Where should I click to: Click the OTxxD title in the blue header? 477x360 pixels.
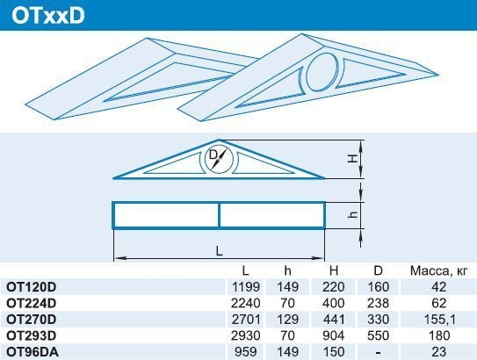point(48,16)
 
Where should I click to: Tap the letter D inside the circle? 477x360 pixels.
point(213,155)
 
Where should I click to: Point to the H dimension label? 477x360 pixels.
point(353,159)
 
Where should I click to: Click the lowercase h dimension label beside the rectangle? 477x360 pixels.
point(353,214)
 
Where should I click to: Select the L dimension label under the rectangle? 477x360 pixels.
point(219,251)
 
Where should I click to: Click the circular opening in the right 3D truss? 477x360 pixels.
point(322,72)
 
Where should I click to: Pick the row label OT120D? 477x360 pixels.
point(32,287)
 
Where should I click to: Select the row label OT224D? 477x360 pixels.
point(32,303)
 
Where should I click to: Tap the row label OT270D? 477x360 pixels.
point(32,320)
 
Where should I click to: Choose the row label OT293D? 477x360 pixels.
point(32,335)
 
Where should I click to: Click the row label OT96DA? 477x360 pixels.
point(33,352)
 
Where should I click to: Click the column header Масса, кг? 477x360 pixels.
point(438,270)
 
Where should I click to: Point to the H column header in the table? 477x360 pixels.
point(334,270)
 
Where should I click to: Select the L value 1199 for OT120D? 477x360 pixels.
point(245,287)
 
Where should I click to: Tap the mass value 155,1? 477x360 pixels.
point(439,320)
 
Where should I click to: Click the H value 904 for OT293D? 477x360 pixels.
point(334,335)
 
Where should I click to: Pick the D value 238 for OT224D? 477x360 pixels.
point(378,303)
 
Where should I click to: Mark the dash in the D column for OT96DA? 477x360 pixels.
point(378,353)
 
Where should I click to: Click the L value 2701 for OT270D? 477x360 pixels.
point(245,320)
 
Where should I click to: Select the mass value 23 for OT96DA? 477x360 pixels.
point(438,352)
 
